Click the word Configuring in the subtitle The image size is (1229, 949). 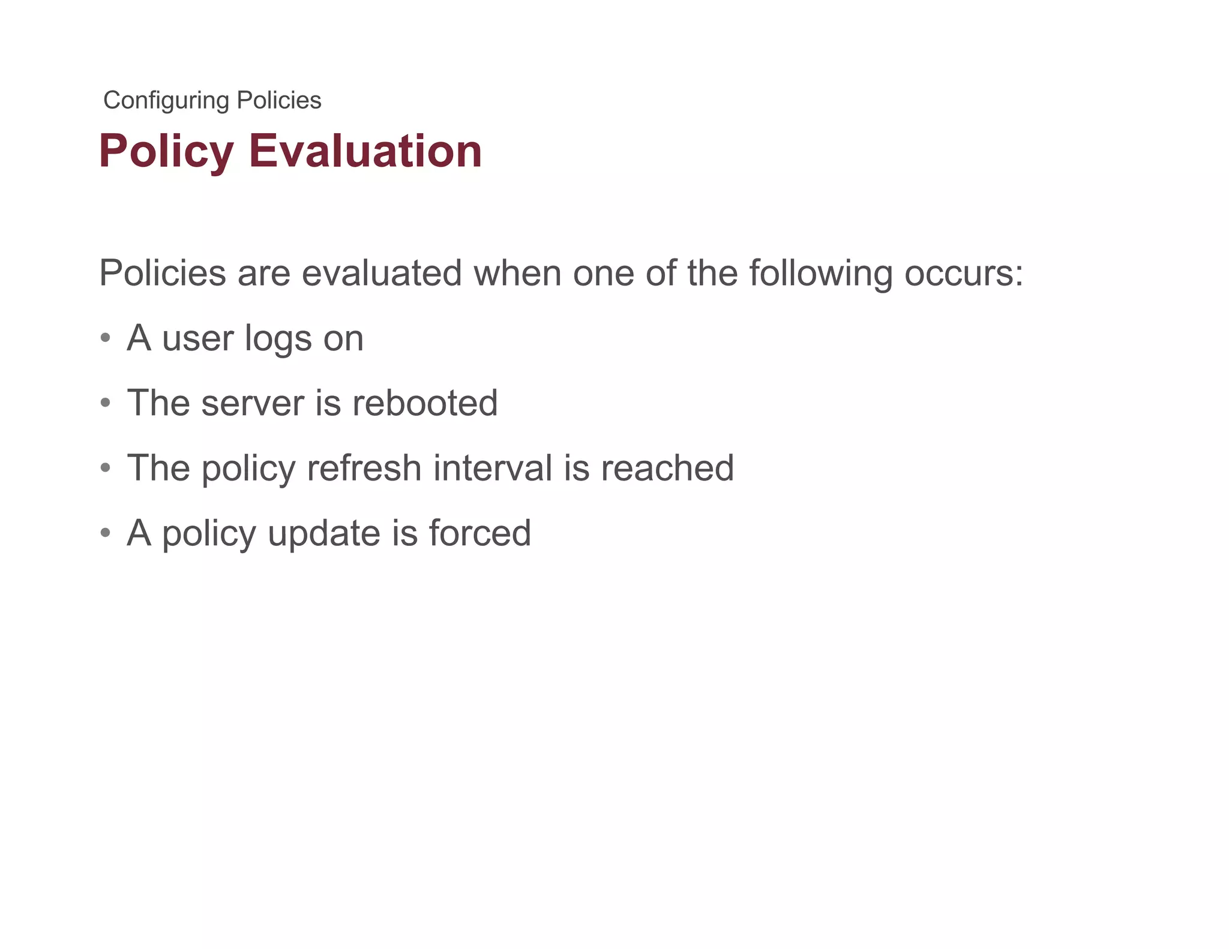pos(166,101)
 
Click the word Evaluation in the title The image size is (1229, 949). pos(365,151)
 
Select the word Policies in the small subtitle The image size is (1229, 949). pos(279,100)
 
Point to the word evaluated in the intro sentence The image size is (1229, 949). pos(381,273)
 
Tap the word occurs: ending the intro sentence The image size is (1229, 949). pos(963,273)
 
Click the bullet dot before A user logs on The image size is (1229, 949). pos(106,337)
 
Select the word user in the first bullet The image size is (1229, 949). pos(197,338)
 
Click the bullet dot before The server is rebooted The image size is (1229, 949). pos(106,402)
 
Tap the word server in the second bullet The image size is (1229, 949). pos(253,403)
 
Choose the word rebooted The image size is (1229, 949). pos(425,403)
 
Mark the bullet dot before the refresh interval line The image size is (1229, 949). pos(106,467)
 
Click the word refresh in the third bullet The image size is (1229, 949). pos(364,467)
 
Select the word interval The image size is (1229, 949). pos(492,467)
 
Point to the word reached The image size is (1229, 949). pos(667,467)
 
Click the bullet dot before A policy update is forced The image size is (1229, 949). pos(106,532)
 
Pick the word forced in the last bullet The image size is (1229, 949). pos(479,532)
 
